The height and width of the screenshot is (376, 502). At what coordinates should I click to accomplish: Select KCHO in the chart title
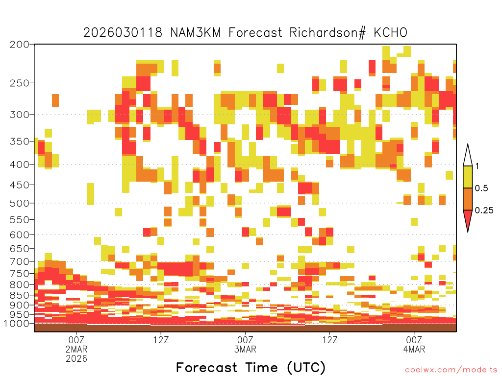[390, 33]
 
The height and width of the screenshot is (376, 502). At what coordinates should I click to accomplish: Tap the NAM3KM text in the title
[195, 33]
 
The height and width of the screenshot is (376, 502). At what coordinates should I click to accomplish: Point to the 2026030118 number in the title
[123, 33]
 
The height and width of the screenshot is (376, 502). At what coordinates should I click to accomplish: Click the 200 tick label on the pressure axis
[20, 45]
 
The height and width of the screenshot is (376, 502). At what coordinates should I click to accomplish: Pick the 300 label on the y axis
[20, 115]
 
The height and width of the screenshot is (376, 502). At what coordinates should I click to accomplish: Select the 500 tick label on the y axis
[20, 203]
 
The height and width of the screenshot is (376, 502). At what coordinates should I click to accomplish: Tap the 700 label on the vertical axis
[20, 261]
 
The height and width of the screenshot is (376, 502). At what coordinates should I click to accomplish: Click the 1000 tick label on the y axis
[17, 324]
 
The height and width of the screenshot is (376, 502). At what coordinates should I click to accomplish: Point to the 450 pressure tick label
[20, 185]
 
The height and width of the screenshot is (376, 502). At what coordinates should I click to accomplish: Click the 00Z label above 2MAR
[76, 340]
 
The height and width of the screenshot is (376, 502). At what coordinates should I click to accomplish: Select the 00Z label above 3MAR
[245, 340]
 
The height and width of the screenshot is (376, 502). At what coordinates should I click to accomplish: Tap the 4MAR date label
[414, 349]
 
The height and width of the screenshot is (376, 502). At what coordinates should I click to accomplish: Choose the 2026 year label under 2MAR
[76, 358]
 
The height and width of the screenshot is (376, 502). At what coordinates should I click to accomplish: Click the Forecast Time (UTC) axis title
[251, 368]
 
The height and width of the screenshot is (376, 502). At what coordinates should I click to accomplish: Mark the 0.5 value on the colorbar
[481, 188]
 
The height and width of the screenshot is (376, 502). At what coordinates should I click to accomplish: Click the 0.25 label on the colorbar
[484, 211]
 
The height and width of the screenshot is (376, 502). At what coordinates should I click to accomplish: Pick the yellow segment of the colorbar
[468, 177]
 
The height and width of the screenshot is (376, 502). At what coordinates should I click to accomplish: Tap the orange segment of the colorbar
[468, 199]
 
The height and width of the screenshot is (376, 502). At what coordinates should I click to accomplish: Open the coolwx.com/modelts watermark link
[451, 370]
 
